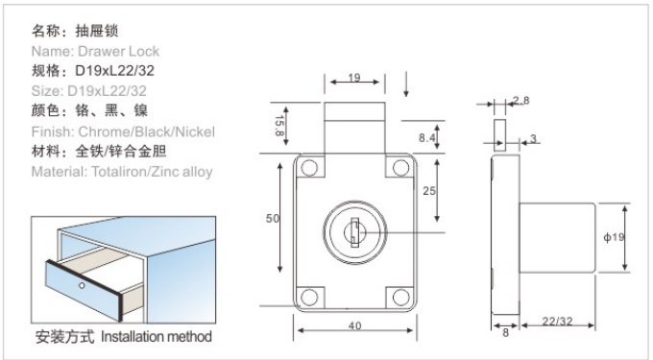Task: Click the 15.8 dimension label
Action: tap(279, 126)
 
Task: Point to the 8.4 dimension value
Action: tap(427, 137)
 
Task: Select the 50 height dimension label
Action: tap(273, 218)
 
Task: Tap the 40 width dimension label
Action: tap(354, 325)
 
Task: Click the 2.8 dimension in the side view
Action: tap(521, 100)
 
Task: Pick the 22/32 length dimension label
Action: tap(557, 321)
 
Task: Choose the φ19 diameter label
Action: tap(614, 237)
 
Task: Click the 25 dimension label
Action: tap(429, 191)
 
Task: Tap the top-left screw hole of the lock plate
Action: tap(309, 168)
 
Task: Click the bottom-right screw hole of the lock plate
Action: tap(400, 298)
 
